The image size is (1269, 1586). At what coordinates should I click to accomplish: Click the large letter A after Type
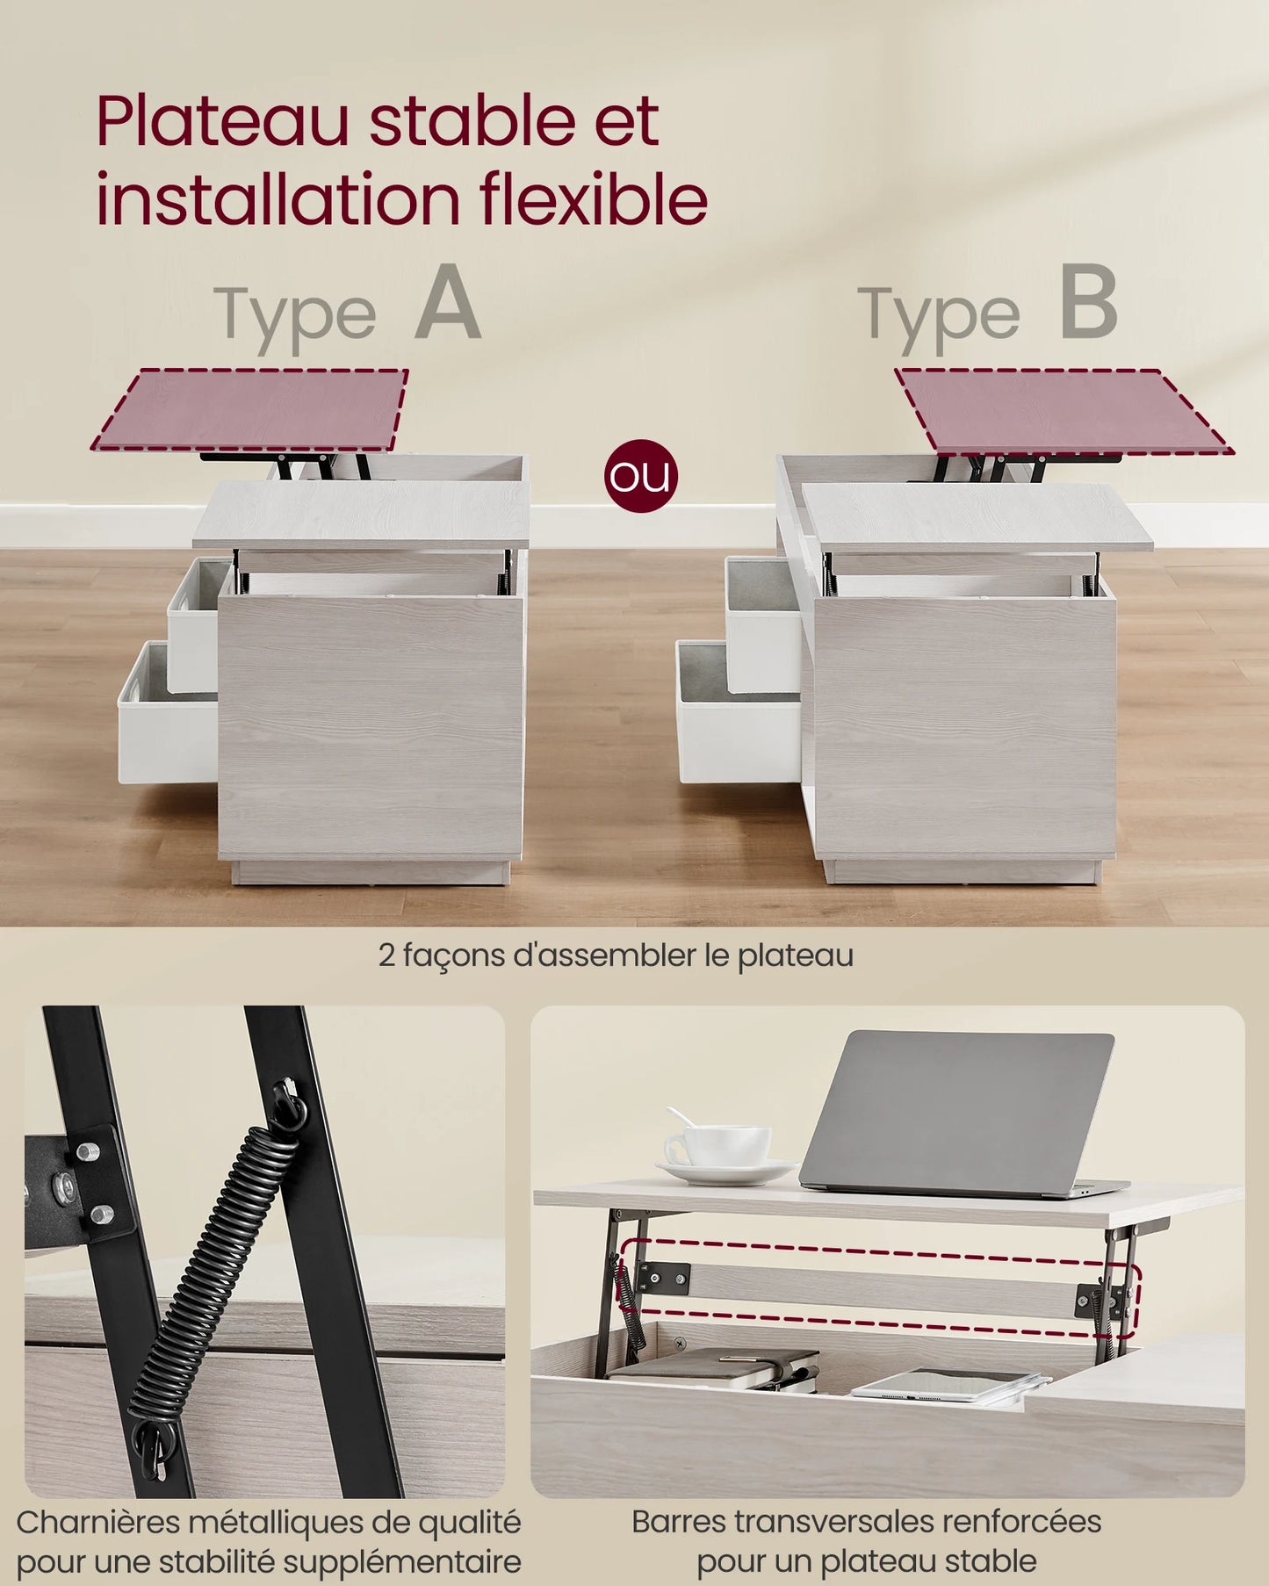[448, 303]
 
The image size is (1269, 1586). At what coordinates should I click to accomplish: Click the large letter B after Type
[1089, 303]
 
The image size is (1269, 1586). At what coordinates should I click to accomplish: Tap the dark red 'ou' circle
[641, 476]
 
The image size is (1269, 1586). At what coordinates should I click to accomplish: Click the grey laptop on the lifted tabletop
[957, 1111]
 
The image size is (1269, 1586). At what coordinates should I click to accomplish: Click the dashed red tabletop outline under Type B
[1063, 411]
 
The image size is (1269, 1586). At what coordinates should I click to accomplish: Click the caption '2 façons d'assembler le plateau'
[616, 955]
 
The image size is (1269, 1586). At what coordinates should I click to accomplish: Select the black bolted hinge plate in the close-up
[79, 1181]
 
